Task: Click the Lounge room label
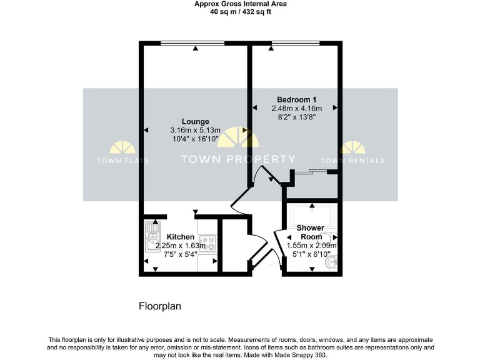195,121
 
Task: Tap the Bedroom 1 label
297,99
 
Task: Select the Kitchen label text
180,237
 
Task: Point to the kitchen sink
152,236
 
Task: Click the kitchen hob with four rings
207,242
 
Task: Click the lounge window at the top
196,43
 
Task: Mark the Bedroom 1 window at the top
296,43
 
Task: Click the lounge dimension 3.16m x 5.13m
195,130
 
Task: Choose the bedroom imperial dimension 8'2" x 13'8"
297,117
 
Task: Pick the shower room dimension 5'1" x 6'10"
311,254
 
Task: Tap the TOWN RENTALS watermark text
362,161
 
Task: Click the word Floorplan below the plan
159,306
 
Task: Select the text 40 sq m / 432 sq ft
240,11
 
